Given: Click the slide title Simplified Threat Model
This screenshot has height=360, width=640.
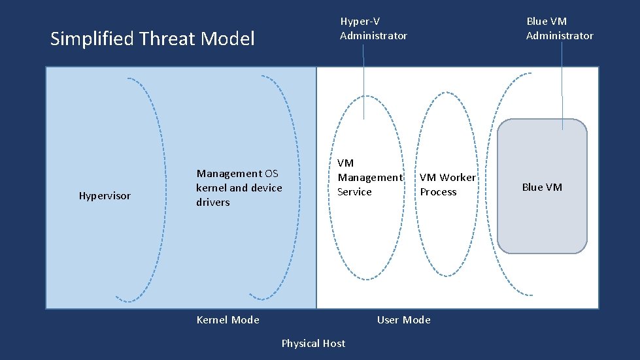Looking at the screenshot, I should (152, 39).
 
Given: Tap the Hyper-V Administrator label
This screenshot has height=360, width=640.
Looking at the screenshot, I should (373, 28).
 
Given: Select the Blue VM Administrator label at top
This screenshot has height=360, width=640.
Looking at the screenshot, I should (560, 28).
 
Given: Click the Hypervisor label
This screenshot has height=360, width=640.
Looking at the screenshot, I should (105, 196).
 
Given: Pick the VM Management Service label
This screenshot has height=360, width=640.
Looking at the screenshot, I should (369, 177).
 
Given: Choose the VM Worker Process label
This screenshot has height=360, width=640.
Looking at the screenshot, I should (448, 184).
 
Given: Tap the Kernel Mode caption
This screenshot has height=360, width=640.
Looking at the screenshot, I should (227, 319).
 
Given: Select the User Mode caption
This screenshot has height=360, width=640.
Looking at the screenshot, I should (403, 319).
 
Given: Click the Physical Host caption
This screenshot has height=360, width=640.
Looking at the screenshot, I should (313, 343).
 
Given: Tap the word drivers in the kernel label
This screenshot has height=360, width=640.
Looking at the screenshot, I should (213, 203).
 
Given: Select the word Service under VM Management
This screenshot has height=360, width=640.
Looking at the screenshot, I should (354, 192).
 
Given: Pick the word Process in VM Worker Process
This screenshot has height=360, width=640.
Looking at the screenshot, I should (438, 192).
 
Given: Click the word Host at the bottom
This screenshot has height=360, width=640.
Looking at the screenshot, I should (332, 343).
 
